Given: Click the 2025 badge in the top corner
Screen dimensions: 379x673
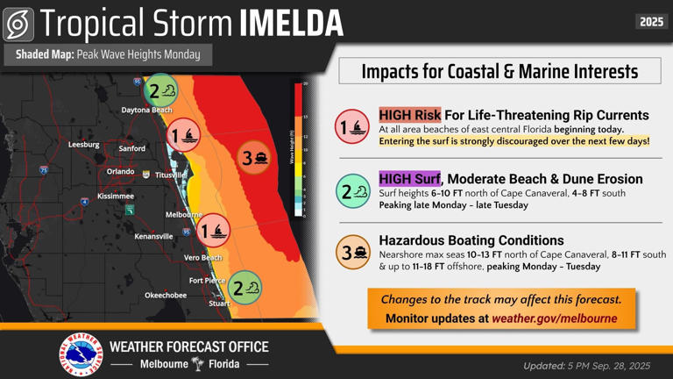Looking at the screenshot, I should (651, 22).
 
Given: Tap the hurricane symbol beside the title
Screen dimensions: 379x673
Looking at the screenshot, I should (18, 25).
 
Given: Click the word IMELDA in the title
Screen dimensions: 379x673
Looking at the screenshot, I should (294, 24).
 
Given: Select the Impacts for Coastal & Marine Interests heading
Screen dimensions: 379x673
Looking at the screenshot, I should (499, 71).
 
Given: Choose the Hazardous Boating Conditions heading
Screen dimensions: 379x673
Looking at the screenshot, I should (471, 240).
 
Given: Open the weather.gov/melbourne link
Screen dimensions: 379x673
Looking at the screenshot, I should (554, 318).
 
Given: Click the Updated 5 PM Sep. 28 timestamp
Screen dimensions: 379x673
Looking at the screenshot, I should (586, 366).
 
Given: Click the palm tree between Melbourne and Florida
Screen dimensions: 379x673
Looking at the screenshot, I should (198, 364).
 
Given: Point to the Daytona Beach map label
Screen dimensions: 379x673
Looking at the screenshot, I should (146, 111).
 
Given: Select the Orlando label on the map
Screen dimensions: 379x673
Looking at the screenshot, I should (120, 171).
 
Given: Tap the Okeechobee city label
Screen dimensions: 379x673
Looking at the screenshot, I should (166, 296).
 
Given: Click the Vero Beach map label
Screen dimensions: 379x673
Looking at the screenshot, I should (202, 258).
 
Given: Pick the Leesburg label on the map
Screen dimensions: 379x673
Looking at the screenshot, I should (83, 144).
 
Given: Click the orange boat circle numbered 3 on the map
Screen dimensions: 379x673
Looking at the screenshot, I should (255, 158).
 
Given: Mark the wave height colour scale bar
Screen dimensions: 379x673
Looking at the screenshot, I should (299, 149).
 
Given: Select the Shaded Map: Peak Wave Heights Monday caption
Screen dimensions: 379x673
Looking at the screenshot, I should (108, 54).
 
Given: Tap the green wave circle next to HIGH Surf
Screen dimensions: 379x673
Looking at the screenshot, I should (354, 190).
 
